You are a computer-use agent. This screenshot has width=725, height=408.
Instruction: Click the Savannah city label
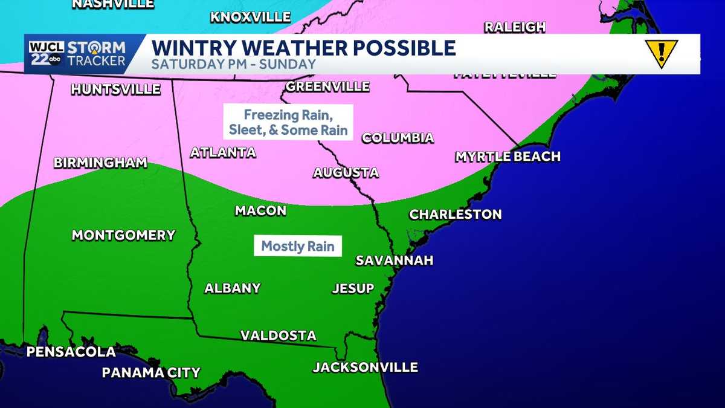click(395, 261)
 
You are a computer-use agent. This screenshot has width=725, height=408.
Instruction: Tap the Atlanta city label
click(223, 153)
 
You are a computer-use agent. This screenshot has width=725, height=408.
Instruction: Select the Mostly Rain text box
click(298, 247)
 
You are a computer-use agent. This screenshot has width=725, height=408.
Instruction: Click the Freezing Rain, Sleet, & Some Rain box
click(288, 122)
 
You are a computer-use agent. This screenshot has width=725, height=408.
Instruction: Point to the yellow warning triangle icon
click(661, 53)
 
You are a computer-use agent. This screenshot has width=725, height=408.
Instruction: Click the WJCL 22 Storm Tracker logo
click(76, 54)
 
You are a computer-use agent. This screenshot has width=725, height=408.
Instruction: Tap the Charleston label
click(456, 215)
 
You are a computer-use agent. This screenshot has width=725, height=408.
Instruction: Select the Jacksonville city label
click(365, 368)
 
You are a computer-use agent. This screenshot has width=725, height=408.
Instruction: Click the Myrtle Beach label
click(507, 157)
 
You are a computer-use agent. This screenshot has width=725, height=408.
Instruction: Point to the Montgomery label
click(123, 236)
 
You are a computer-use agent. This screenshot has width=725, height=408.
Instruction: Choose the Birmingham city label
click(100, 163)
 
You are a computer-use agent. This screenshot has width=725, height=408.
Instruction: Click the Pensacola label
click(71, 352)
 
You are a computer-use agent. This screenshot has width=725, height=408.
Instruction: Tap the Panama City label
click(150, 373)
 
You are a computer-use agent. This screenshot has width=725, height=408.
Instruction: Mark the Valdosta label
click(279, 335)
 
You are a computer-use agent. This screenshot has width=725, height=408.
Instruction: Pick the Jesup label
click(353, 288)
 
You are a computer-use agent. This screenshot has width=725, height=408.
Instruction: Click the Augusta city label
click(346, 173)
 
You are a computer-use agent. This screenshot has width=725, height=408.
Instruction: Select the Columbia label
click(398, 138)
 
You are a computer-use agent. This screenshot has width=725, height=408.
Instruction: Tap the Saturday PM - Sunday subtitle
click(233, 64)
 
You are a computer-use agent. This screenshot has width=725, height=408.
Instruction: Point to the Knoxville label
click(250, 17)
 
